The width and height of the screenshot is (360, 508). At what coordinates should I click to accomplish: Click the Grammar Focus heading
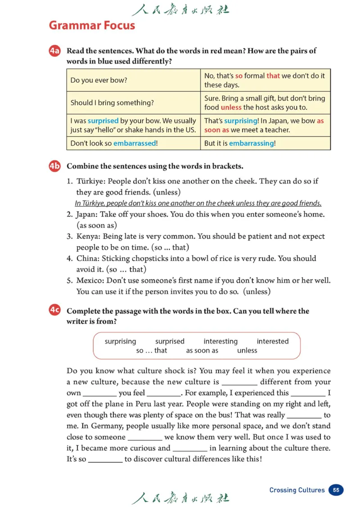coord(92,25)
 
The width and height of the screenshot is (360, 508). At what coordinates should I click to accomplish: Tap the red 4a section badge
coord(54,52)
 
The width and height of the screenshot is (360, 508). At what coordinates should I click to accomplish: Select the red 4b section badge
coord(54,166)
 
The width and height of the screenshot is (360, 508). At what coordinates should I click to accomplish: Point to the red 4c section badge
coord(54,311)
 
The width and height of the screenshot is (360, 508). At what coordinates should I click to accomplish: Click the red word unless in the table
coord(231,107)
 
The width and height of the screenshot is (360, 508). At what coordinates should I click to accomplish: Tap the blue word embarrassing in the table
coord(251,143)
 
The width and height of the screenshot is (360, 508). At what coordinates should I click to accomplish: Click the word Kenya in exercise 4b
coord(86,236)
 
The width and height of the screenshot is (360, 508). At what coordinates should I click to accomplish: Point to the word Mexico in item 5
coord(88,281)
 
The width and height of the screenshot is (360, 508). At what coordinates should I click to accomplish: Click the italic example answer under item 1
coord(198,203)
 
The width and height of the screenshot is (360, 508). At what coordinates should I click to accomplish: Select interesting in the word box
coord(220,341)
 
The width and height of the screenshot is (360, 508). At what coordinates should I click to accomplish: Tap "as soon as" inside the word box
coord(202,351)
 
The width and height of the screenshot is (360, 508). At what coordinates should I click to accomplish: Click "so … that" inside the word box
coord(151,351)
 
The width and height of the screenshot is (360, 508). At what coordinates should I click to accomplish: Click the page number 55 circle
coord(336,490)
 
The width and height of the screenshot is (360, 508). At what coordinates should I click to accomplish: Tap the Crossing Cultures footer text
coord(297,490)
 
